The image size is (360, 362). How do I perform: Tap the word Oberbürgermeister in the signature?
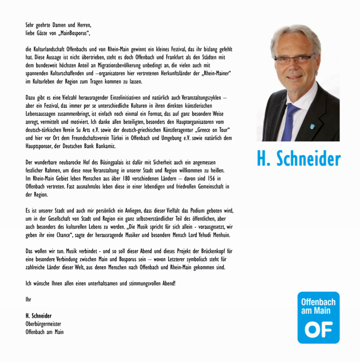point(43,324)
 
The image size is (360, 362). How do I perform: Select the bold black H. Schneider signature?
point(39,316)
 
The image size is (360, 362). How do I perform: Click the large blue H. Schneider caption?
point(298,159)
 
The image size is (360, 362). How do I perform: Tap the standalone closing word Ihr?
point(29,299)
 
